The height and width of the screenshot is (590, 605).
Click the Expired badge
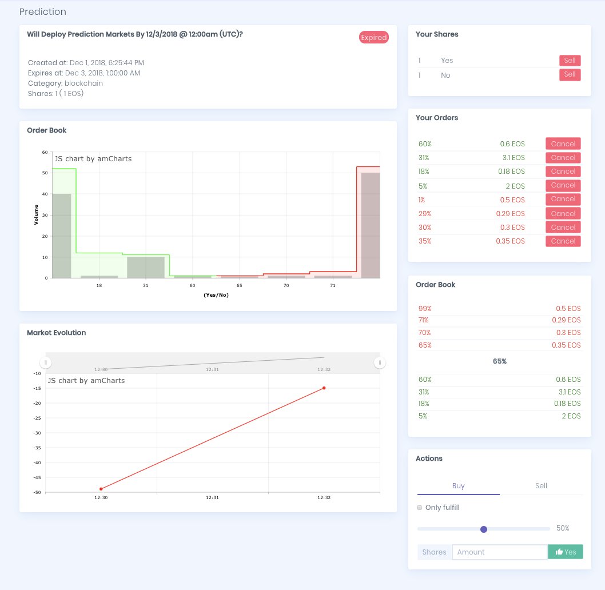[x=374, y=38]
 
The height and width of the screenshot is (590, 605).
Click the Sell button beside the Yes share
[x=570, y=61]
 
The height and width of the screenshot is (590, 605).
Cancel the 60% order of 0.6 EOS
[x=563, y=144]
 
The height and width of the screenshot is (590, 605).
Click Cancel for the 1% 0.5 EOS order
[x=563, y=199]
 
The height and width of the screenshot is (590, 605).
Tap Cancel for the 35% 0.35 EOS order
[x=563, y=241]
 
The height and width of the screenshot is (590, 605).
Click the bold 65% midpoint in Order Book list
[x=499, y=362]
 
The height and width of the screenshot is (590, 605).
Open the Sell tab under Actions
[x=541, y=486]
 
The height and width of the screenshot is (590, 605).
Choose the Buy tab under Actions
[x=458, y=486]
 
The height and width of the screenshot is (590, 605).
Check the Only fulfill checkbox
[x=420, y=508]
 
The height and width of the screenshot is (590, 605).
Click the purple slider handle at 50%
[x=484, y=529]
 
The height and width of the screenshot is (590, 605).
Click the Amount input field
[x=499, y=552]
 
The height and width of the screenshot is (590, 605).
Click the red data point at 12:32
[x=324, y=388]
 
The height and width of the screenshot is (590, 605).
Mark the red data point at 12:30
[x=101, y=489]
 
